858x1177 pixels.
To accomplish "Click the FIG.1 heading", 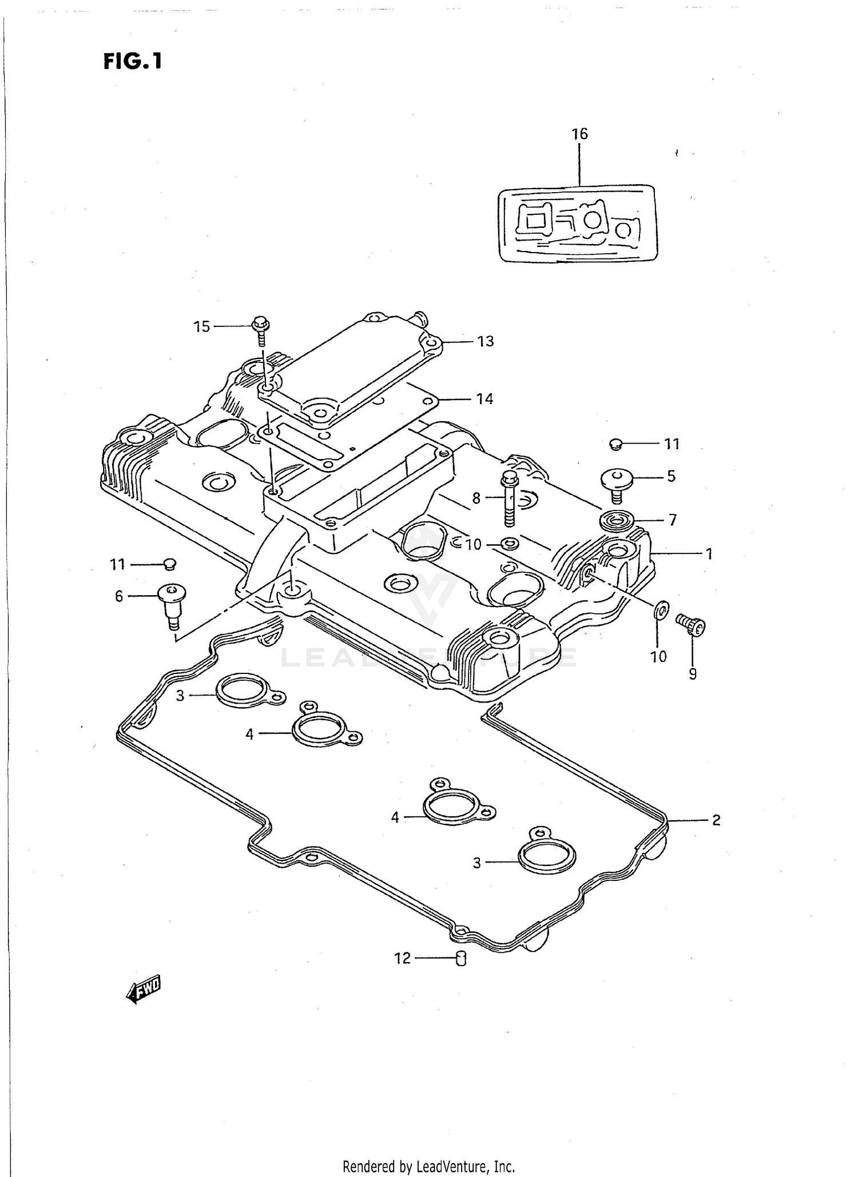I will (x=133, y=61).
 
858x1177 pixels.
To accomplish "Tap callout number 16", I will (x=579, y=134).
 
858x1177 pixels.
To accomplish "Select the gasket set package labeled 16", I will (x=578, y=224).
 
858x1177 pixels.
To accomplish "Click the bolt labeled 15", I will (x=261, y=330).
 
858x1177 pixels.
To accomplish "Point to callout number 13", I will (x=485, y=342).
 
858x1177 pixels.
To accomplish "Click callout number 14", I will (x=484, y=399).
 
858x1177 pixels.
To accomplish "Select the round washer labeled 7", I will (x=616, y=521).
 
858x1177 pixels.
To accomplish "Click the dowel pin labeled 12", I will (x=461, y=958).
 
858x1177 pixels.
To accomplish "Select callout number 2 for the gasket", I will (x=716, y=820).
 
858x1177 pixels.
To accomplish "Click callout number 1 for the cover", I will (x=708, y=553).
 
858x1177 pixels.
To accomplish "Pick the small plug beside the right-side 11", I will (x=615, y=443).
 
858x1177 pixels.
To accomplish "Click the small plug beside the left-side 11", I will (x=169, y=564).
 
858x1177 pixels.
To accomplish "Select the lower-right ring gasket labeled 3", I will (x=546, y=856).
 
